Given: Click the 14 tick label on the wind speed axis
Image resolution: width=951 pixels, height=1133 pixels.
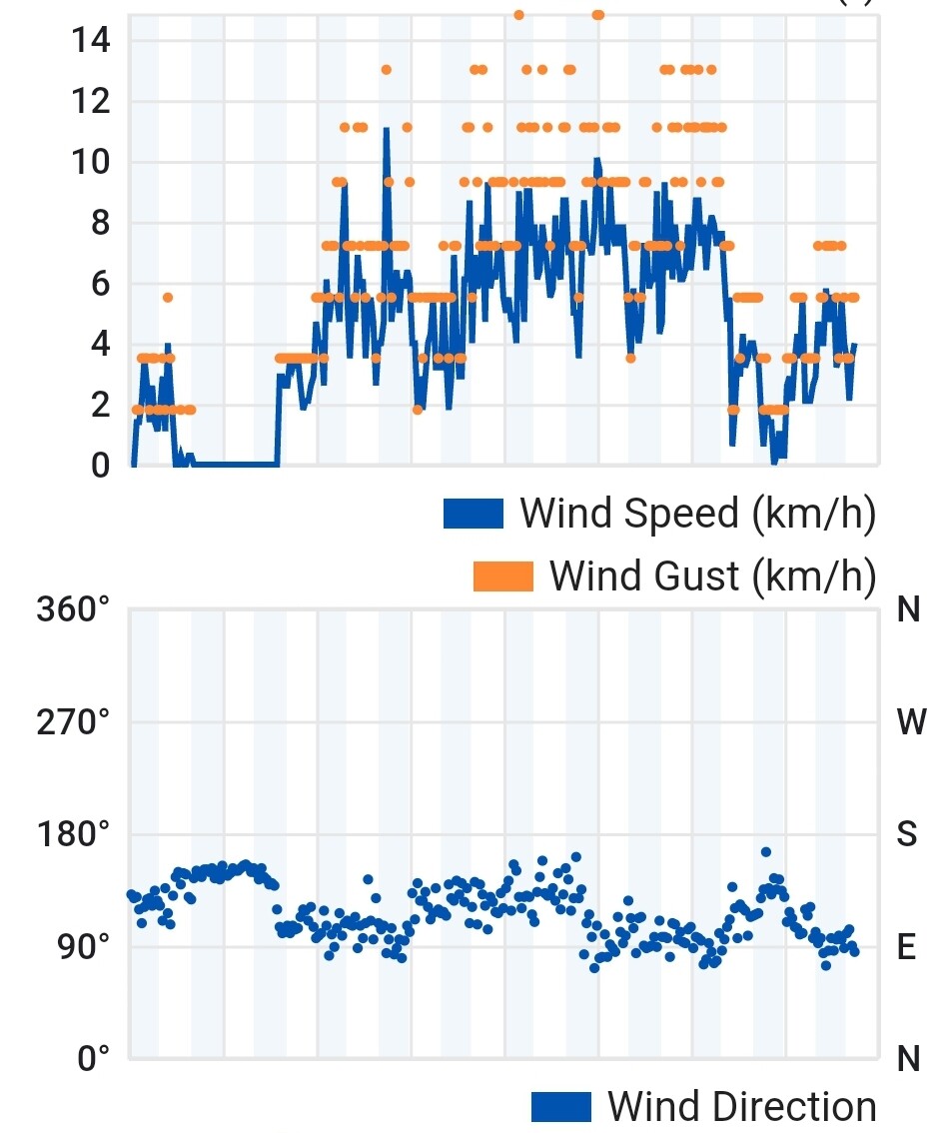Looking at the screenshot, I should coord(90,40).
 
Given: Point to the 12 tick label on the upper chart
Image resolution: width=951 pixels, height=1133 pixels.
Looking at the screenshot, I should coord(90,101).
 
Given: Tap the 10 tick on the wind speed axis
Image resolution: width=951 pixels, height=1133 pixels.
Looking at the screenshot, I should coord(90,162).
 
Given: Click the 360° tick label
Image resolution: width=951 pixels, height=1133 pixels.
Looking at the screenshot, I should coord(73,608).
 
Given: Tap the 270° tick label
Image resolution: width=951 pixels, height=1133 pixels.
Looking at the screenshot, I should coord(73,721).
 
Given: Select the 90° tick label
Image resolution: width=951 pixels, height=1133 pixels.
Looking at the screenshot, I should coord(80,946).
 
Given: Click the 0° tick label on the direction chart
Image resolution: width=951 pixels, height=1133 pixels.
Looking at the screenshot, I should coord(93,1058).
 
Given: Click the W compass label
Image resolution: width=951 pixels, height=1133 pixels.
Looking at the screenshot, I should coord(911,722).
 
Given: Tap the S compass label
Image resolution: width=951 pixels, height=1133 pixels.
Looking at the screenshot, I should coord(907,834).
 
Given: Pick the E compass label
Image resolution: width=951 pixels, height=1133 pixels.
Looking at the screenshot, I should coord(906,947).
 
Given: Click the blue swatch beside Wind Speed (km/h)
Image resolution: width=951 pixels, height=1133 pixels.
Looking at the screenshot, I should coord(474,514).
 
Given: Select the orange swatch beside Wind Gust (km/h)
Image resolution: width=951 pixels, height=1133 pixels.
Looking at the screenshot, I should coord(503,575).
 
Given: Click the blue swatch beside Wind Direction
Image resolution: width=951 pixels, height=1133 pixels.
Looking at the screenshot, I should coord(561,1107).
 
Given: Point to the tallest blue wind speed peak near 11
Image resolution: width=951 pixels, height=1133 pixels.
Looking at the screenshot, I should coord(386,130).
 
